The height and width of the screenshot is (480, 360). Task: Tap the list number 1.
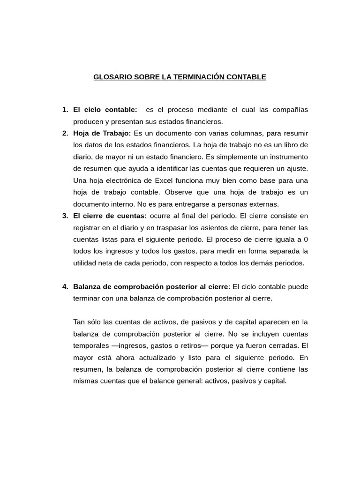pos(65,110)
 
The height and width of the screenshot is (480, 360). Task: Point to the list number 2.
pos(65,133)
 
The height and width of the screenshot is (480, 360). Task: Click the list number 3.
pos(65,216)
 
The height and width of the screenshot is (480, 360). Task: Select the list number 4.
pos(65,286)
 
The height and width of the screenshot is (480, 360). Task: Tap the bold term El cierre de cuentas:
pos(110,216)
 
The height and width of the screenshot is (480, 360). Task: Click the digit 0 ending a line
pos(306,239)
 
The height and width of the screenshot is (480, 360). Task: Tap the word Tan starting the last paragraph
pos(80,322)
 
